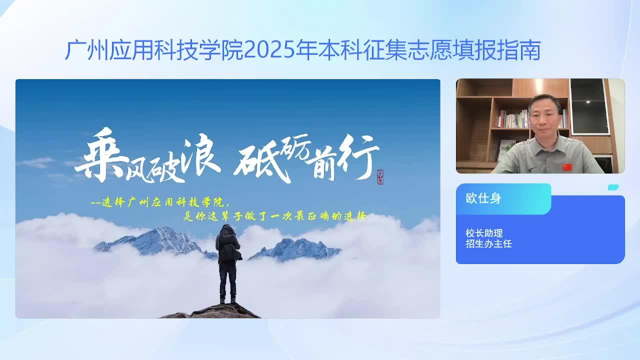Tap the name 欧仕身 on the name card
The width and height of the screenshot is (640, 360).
pos(483,198)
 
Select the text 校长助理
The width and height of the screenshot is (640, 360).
pos(484,233)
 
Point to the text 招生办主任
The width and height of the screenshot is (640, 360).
pos(488,243)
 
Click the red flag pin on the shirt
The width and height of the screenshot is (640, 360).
pos(567,167)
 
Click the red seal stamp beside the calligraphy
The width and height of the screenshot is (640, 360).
pos(380,177)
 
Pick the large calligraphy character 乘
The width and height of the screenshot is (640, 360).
pos(100,154)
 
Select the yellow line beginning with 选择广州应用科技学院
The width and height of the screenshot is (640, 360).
pos(160,202)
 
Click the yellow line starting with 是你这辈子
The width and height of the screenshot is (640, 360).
pos(274,216)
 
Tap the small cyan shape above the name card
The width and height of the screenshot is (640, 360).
pos(613,187)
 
